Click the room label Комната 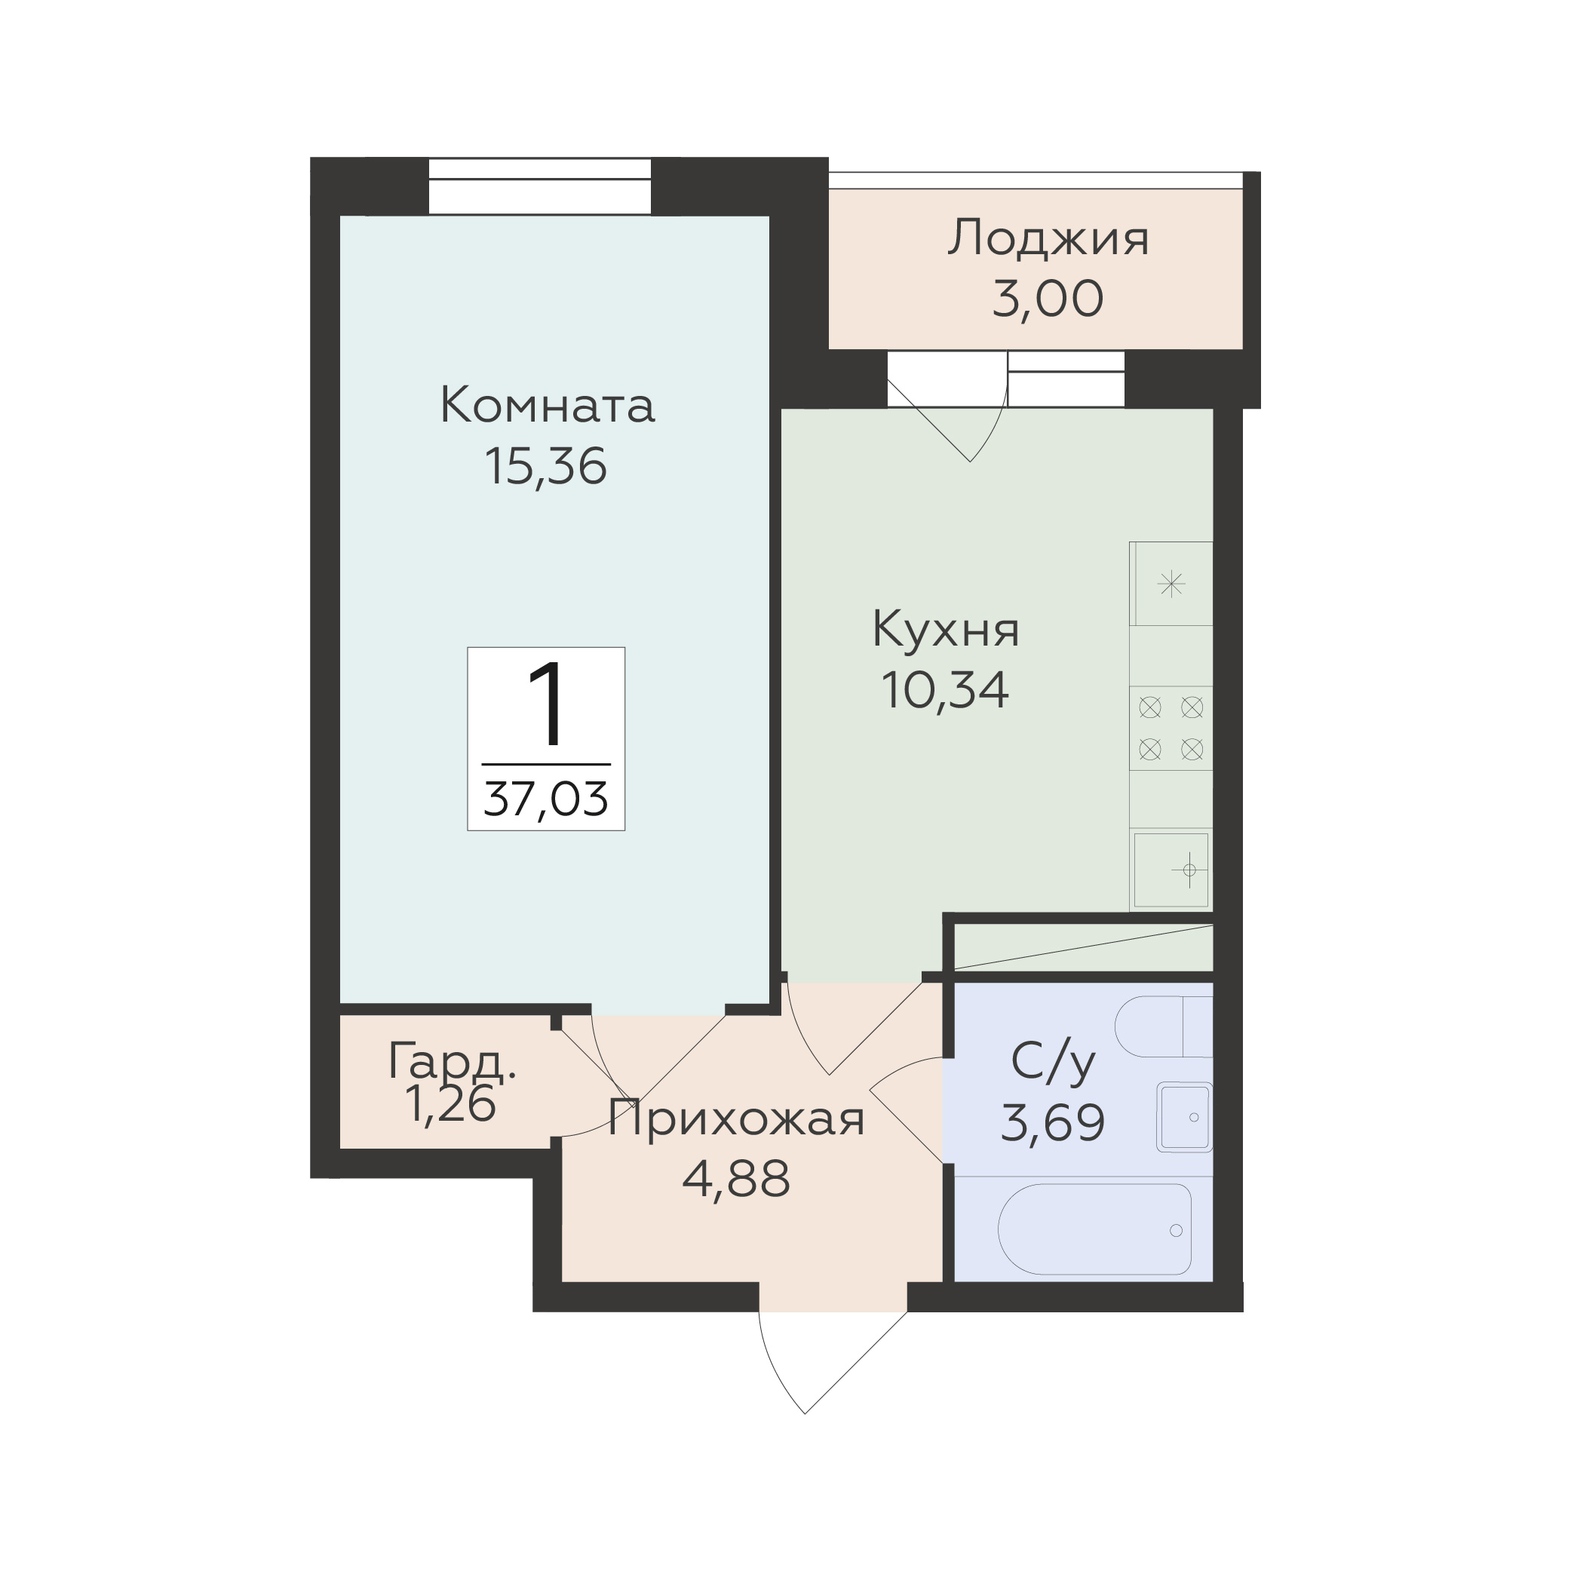click(x=547, y=405)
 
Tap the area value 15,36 click(x=545, y=466)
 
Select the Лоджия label click(x=1048, y=238)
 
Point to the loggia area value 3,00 click(x=1048, y=299)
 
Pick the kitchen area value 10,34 click(x=945, y=689)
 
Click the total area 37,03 click(x=545, y=799)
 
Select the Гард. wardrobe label click(x=452, y=1063)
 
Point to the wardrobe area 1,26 click(x=450, y=1104)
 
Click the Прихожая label click(x=736, y=1121)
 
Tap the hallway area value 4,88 click(x=736, y=1179)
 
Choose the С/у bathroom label click(x=1052, y=1063)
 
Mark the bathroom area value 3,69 click(x=1052, y=1123)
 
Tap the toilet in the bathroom click(x=1164, y=1027)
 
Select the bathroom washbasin click(x=1185, y=1117)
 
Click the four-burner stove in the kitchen click(x=1171, y=728)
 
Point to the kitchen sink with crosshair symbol click(x=1171, y=870)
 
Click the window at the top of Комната click(x=540, y=186)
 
